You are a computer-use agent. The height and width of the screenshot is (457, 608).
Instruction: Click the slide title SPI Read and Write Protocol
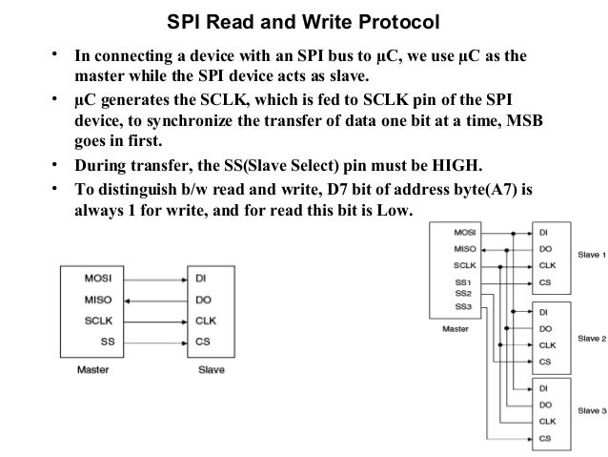(297, 21)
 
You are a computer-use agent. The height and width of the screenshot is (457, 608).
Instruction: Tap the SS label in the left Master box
(108, 340)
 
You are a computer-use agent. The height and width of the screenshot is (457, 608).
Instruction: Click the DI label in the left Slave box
(202, 280)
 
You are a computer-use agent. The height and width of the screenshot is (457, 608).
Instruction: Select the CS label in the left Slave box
(203, 340)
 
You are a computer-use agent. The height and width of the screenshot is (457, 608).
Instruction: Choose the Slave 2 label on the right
(590, 338)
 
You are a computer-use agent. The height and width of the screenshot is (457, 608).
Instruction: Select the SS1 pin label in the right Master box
(464, 284)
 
